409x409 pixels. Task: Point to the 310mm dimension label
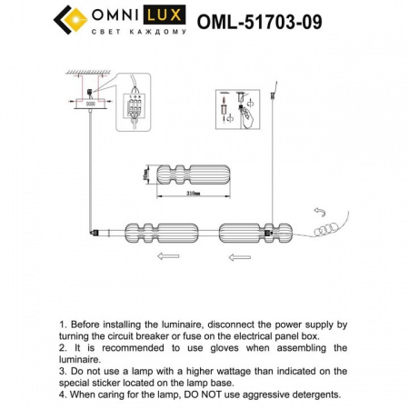pyautogui.click(x=193, y=194)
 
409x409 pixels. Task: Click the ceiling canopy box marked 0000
pyautogui.click(x=91, y=104)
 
